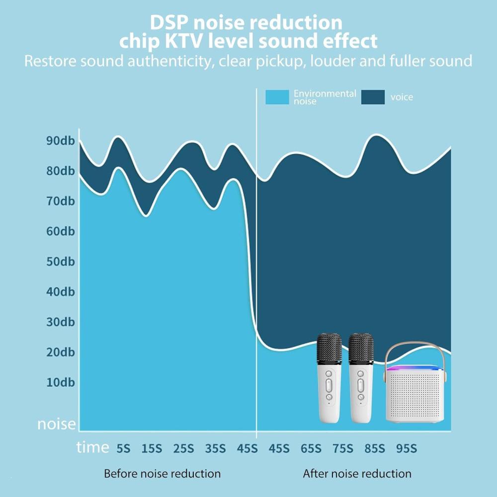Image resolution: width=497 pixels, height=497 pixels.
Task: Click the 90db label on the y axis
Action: point(60,141)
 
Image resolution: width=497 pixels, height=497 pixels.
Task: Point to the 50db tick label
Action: point(60,261)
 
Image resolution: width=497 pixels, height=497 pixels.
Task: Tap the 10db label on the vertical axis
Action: point(60,382)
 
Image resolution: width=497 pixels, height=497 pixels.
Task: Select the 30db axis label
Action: point(60,322)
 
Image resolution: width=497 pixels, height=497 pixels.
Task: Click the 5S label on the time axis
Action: point(123,448)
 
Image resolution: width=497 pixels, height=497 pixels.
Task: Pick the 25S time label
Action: point(183,448)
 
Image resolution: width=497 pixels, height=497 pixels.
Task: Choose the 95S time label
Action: point(406,448)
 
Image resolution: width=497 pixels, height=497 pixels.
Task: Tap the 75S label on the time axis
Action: point(342,448)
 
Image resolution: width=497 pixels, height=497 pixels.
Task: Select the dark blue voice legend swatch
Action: point(373,97)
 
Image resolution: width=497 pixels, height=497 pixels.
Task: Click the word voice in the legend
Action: point(402,97)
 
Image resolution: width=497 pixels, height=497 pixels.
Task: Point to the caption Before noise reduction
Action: point(162,474)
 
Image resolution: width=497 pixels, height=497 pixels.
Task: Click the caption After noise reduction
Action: point(357,474)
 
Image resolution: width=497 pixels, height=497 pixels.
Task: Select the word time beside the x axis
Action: point(92,447)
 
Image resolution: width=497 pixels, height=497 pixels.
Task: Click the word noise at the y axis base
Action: point(57,424)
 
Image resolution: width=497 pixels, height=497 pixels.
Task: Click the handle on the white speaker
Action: point(417,350)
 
